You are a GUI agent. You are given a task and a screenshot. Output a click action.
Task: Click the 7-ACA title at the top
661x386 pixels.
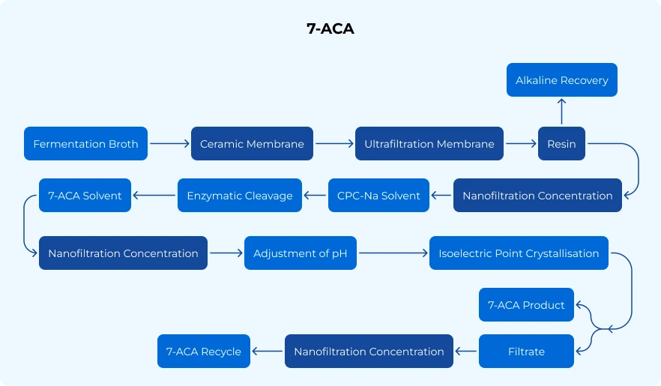pos(330,29)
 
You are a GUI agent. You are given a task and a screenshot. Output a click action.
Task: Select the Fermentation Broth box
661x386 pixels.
pos(85,144)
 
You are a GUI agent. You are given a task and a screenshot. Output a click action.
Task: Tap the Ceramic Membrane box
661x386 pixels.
pos(252,144)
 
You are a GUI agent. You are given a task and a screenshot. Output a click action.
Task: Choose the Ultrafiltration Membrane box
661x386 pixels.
pos(429,144)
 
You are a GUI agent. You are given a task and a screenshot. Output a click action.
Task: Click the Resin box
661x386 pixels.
pos(561,144)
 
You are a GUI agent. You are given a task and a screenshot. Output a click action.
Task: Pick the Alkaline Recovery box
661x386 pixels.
pos(561,80)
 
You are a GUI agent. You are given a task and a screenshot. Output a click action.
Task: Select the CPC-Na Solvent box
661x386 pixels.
pos(378,196)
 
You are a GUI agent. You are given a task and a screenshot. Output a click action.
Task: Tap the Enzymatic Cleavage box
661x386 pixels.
pos(240,196)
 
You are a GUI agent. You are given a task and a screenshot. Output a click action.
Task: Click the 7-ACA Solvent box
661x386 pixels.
pos(85,196)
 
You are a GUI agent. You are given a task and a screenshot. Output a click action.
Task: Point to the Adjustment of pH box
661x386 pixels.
pos(301,253)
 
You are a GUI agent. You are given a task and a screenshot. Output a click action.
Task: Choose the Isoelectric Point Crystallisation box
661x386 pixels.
pos(519,253)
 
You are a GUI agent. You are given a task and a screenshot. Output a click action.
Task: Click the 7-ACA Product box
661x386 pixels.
pos(526,305)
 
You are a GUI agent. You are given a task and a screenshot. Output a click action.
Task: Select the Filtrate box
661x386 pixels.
pos(526,352)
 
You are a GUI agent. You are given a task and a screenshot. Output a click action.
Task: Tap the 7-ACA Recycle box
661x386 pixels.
pos(204,352)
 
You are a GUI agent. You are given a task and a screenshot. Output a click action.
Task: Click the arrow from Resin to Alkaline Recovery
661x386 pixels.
pos(561,112)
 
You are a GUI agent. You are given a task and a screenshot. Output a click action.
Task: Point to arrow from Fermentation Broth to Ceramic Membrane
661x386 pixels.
pos(169,144)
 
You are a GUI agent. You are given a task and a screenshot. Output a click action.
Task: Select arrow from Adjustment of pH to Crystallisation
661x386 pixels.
pos(393,253)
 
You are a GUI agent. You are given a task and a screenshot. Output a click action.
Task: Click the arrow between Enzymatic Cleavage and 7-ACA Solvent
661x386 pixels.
pos(154,196)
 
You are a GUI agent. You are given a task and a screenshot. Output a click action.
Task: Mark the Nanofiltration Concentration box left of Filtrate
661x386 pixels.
pos(369,352)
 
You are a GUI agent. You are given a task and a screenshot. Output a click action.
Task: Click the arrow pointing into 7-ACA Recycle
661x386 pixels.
pos(268,352)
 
